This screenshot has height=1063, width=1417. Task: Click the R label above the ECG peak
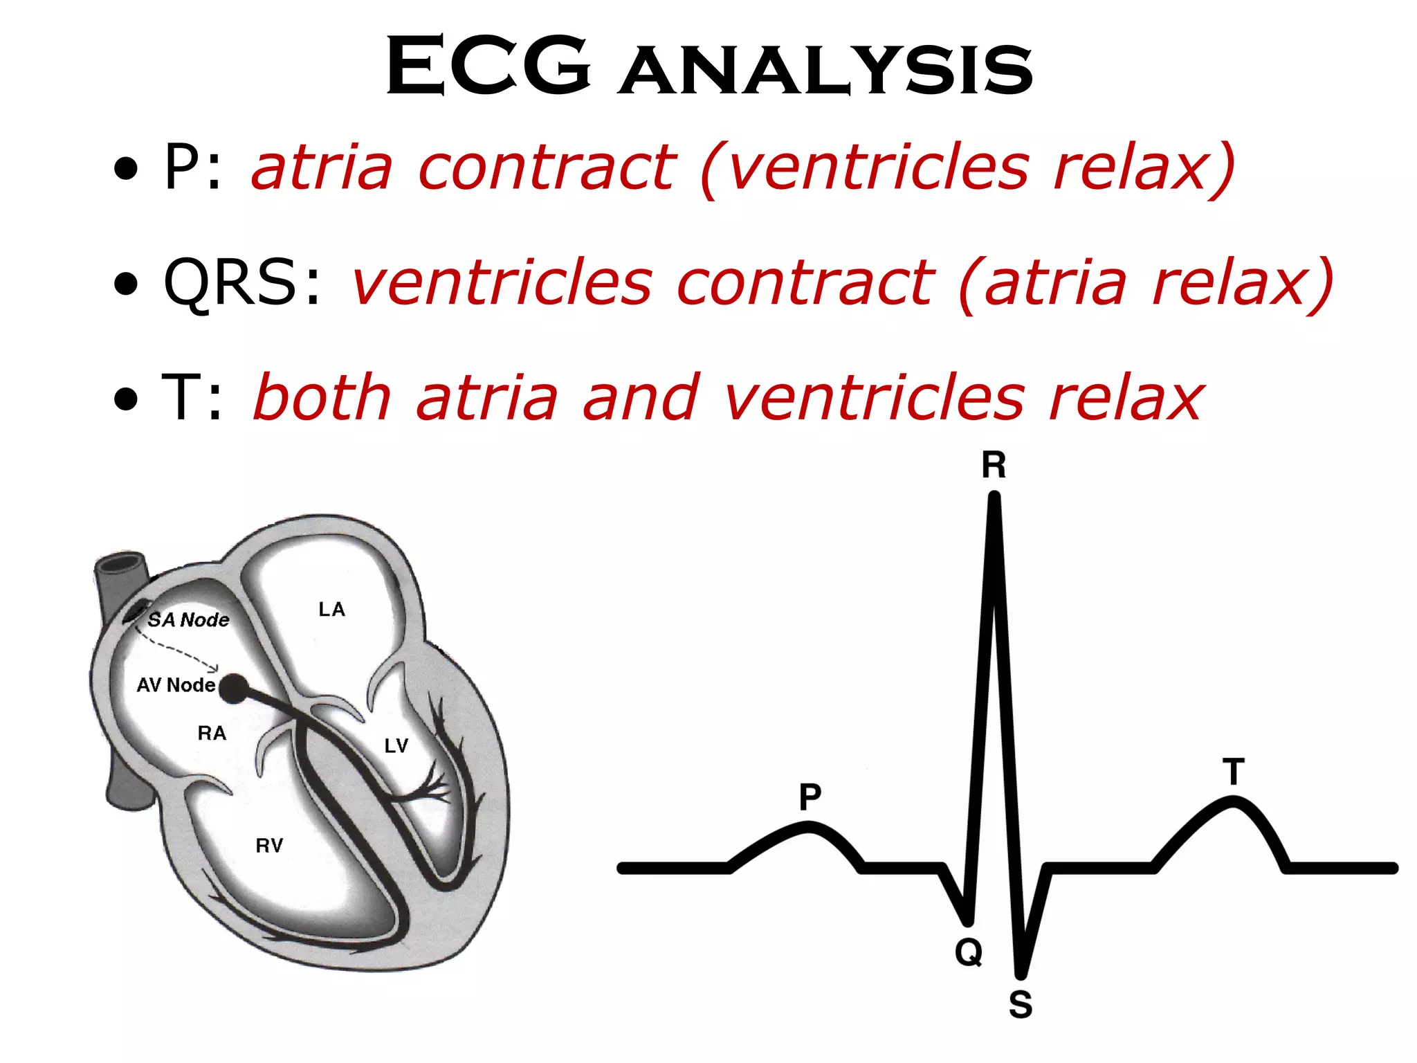click(994, 466)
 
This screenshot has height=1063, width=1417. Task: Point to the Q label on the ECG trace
click(969, 954)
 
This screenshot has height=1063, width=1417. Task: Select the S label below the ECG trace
click(1021, 1004)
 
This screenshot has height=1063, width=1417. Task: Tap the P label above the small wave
click(810, 797)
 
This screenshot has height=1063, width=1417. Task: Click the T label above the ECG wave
click(1234, 772)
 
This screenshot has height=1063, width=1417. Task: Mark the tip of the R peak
click(994, 496)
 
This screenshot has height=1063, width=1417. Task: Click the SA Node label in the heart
click(188, 619)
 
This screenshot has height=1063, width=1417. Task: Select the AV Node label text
click(176, 685)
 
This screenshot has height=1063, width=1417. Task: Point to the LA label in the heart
click(331, 610)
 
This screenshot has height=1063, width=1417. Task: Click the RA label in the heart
click(212, 734)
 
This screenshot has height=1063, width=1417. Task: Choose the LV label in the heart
click(396, 745)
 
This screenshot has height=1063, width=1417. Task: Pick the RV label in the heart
click(269, 846)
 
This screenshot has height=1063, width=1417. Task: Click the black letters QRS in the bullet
click(230, 282)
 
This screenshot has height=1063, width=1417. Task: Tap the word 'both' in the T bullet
click(323, 397)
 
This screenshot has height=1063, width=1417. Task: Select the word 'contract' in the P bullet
click(547, 167)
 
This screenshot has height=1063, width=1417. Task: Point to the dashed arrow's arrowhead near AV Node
click(215, 669)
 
